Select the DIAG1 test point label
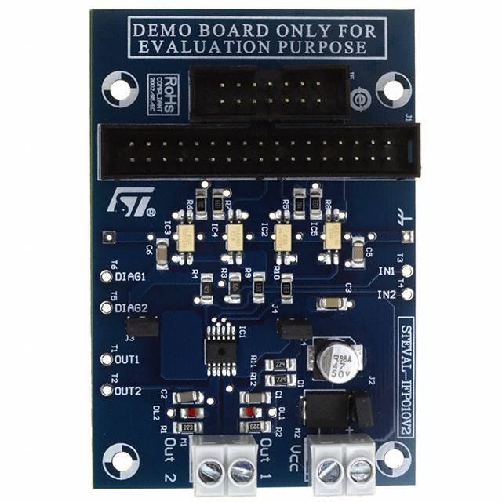[x=131, y=277]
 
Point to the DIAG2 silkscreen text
[x=131, y=307]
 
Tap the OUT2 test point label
[x=127, y=390]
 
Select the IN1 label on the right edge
[x=386, y=271]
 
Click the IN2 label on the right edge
[x=386, y=295]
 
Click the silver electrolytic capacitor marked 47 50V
[x=333, y=359]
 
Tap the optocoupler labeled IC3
[x=187, y=238]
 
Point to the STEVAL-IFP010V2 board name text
[x=405, y=384]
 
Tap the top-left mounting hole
[x=122, y=88]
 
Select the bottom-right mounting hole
[x=391, y=462]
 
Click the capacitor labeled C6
[x=161, y=252]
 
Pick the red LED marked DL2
[x=185, y=411]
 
